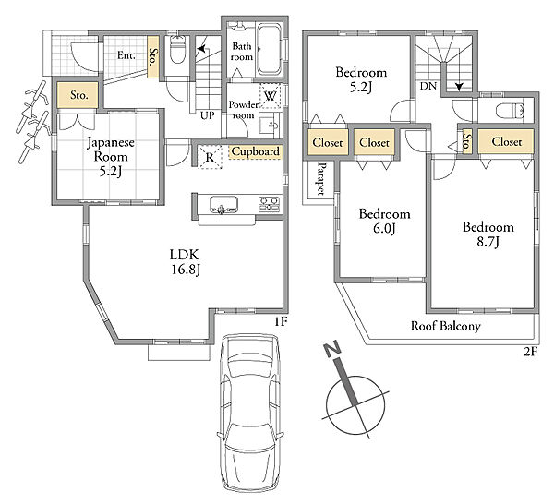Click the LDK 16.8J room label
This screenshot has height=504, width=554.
click(x=186, y=262)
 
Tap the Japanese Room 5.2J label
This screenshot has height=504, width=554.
click(x=111, y=157)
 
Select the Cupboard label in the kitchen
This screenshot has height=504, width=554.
click(x=255, y=151)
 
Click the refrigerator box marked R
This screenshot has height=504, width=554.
click(x=210, y=157)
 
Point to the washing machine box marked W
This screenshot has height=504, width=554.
click(x=271, y=95)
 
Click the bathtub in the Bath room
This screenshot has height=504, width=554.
click(x=270, y=50)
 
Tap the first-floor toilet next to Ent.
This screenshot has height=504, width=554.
click(x=177, y=49)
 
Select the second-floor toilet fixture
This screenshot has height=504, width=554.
click(x=510, y=111)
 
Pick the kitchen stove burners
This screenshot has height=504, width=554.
click(x=270, y=204)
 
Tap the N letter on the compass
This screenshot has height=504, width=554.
click(x=332, y=350)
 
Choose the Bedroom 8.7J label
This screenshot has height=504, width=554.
click(x=488, y=234)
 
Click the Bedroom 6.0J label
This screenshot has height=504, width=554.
click(x=384, y=222)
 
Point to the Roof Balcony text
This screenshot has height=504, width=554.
click(x=446, y=326)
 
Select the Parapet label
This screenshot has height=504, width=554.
click(x=321, y=179)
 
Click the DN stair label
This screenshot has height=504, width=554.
click(x=428, y=86)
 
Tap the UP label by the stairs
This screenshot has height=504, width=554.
click(x=208, y=115)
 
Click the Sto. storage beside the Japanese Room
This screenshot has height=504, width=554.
click(x=78, y=95)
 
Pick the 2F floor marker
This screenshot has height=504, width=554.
click(x=531, y=352)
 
